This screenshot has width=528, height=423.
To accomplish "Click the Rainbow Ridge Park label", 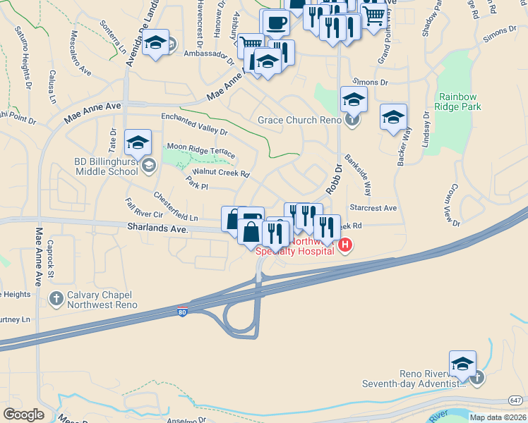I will click(460, 102).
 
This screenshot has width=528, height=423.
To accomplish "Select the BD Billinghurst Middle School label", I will click(106, 166).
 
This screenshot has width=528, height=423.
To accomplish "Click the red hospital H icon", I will click(345, 245).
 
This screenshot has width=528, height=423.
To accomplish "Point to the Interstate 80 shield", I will click(183, 312).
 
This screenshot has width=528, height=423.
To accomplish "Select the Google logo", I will click(23, 415).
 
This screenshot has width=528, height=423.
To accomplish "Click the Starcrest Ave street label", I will click(373, 209).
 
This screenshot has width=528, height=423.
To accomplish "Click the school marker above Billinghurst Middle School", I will click(138, 142).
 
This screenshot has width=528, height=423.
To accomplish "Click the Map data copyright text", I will click(498, 417).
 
